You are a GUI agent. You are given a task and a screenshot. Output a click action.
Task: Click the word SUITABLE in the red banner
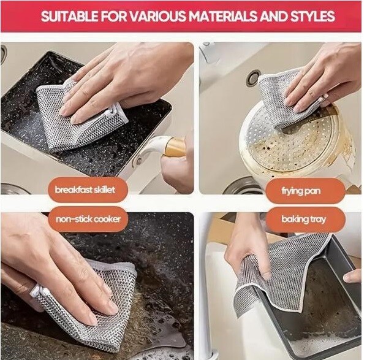[x=69, y=16]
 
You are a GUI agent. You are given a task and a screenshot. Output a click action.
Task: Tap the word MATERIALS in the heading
[x=223, y=16]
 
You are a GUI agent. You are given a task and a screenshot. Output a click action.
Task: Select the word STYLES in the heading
[x=312, y=16]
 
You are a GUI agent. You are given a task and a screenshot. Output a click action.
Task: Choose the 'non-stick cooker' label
[x=88, y=219]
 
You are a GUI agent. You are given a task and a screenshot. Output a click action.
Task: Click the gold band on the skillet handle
[x=175, y=147]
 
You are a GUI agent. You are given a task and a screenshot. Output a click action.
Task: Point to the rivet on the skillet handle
[x=139, y=161]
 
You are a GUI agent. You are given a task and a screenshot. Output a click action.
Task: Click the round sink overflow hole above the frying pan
[x=252, y=77]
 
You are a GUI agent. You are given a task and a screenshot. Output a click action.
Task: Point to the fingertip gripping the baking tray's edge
[x=352, y=277]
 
